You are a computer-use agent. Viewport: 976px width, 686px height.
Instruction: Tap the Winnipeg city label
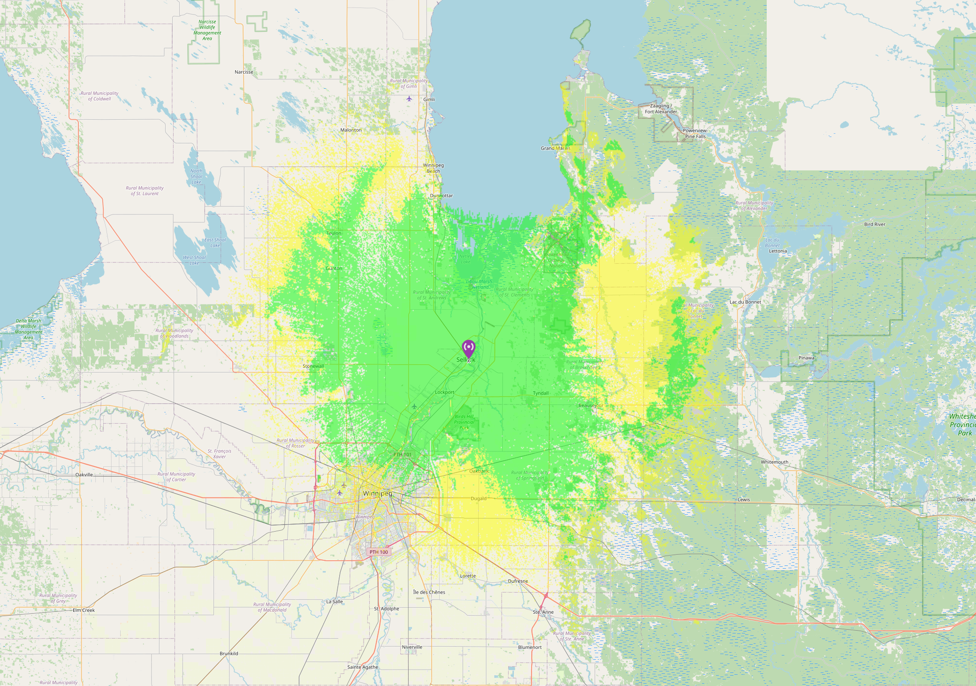click(377, 494)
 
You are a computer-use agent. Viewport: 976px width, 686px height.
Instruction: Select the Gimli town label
click(429, 99)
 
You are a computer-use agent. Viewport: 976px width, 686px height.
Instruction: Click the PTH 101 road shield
click(402, 455)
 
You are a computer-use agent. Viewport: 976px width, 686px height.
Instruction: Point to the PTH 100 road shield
click(379, 552)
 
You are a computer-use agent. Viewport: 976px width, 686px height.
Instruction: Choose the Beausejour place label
click(591, 405)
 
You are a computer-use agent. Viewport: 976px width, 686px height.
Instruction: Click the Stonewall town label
click(313, 366)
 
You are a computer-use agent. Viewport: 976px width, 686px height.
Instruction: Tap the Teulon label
click(334, 233)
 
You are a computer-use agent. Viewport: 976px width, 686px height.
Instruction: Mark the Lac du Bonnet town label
click(745, 302)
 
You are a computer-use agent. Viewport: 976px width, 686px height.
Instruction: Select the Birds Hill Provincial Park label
click(464, 422)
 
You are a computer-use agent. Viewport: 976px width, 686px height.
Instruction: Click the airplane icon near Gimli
click(409, 99)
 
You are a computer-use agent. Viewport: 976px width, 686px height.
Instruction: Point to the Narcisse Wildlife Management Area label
click(207, 30)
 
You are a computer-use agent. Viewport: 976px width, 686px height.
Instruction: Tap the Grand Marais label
click(556, 148)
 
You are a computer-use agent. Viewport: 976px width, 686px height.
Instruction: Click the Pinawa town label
click(806, 358)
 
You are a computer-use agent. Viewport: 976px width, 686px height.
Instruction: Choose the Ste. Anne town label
click(543, 612)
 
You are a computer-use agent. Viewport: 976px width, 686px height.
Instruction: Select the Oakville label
click(84, 475)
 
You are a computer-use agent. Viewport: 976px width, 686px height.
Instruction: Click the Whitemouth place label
click(774, 462)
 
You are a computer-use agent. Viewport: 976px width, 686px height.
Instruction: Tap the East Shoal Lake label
click(215, 243)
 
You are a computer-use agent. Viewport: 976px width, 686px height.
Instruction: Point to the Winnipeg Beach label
click(433, 168)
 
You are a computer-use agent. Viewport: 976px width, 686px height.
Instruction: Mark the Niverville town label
click(412, 647)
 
